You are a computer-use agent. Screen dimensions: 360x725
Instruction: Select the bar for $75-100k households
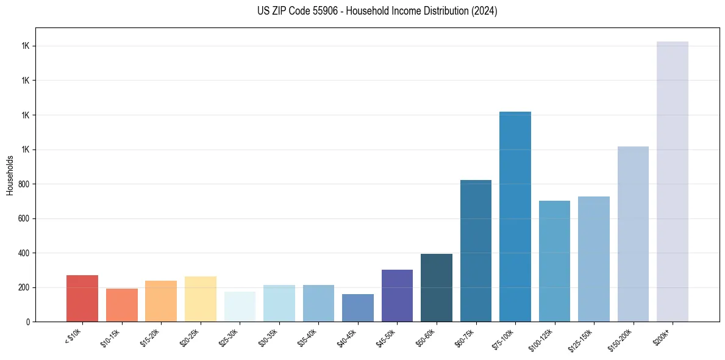515,217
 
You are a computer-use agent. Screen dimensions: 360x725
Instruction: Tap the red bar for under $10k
82,298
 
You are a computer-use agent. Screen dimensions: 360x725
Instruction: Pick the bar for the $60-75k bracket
476,251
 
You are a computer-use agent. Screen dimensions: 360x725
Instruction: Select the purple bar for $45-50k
397,295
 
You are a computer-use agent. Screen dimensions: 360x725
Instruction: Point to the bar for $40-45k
358,308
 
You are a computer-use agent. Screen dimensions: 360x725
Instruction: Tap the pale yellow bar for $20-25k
201,299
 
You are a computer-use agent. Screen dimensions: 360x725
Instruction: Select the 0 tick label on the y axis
27,322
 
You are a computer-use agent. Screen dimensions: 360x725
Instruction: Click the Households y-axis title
10,175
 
